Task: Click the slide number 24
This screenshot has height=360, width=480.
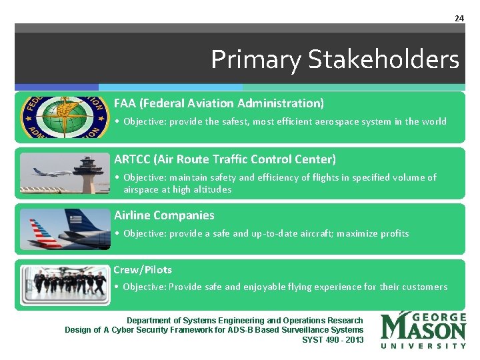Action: click(459, 18)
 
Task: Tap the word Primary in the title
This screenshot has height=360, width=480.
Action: click(256, 60)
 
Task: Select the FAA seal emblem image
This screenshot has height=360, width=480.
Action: click(64, 117)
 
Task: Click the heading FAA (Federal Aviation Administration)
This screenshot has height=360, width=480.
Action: click(219, 103)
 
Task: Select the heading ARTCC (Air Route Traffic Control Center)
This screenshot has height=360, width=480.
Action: click(225, 159)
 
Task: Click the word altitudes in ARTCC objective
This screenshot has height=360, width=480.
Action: click(212, 189)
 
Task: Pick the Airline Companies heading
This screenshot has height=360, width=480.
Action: click(164, 215)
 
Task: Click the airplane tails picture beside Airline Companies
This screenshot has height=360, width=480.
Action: click(64, 229)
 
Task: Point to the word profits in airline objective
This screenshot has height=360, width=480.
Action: click(393, 233)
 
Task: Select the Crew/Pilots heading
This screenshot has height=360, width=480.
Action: click(143, 270)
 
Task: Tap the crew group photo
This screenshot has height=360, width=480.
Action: click(64, 285)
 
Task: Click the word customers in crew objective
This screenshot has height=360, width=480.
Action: click(424, 287)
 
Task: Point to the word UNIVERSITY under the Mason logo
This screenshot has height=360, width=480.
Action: click(423, 345)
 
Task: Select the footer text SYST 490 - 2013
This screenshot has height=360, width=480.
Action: click(333, 340)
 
